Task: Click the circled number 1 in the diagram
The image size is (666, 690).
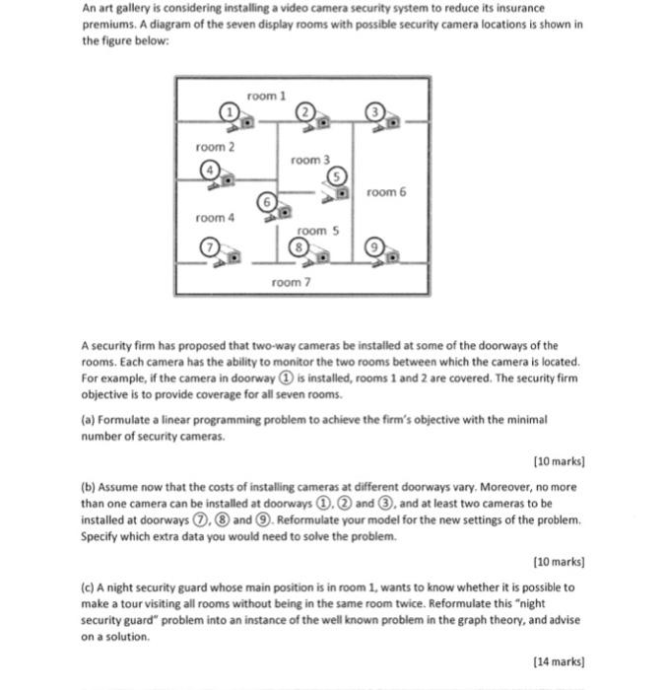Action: click(x=229, y=111)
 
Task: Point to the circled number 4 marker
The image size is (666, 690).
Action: click(x=209, y=170)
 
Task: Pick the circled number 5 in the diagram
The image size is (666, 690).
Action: click(x=336, y=175)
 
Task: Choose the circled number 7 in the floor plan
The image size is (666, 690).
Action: click(x=209, y=246)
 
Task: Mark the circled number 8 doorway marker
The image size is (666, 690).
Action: click(x=296, y=248)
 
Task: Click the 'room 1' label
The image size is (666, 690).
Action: click(x=266, y=95)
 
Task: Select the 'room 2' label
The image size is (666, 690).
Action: click(x=215, y=147)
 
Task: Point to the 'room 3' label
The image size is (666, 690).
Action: click(x=309, y=159)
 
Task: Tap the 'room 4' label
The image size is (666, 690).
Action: click(x=215, y=217)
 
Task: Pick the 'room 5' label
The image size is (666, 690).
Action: click(x=317, y=230)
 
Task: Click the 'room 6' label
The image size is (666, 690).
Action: click(x=385, y=192)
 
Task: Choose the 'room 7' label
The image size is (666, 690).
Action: click(x=290, y=282)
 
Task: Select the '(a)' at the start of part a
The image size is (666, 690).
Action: click(x=89, y=418)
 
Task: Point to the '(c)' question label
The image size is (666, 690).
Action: click(x=89, y=586)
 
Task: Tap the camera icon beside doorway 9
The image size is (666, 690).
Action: click(x=392, y=257)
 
